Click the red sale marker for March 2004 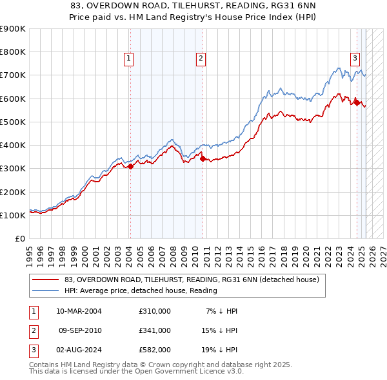click(130, 166)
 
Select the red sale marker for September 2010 click(203, 159)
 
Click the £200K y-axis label click(13, 192)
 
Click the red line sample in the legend click(45, 280)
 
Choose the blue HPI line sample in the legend click(45, 290)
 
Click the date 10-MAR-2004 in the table click(79, 311)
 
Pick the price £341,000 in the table click(155, 330)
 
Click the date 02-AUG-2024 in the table click(79, 350)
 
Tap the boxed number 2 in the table click(34, 330)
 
